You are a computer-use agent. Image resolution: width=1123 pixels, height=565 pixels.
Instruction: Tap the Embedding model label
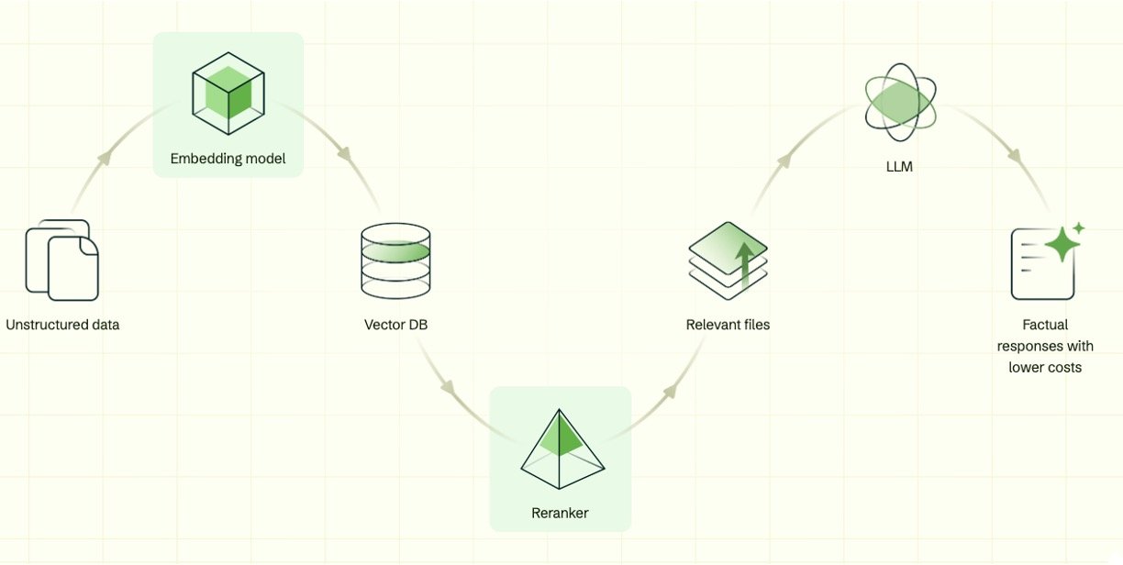pos(228,159)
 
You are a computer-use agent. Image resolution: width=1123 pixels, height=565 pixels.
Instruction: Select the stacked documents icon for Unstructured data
pos(61,260)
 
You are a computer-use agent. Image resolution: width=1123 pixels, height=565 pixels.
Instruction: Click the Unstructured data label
pos(62,325)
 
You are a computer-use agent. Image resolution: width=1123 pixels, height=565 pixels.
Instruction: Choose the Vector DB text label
pos(395,325)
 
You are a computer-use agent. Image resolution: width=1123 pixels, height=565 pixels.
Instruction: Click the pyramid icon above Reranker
pos(561,449)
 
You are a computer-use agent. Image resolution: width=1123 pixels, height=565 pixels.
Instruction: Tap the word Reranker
pos(560,513)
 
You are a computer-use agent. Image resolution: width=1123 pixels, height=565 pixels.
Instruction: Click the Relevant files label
pos(728,325)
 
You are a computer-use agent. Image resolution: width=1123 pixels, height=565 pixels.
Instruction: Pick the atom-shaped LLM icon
pos(900,107)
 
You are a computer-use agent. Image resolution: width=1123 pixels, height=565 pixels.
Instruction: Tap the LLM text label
pos(900,168)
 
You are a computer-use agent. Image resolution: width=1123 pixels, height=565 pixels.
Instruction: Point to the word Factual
pos(1045,325)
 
